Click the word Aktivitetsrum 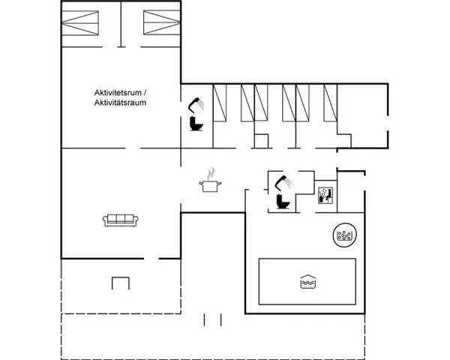[x=118, y=93]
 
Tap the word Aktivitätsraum [x=120, y=103]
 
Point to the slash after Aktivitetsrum [x=145, y=93]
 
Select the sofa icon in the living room [x=121, y=220]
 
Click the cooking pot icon [x=210, y=186]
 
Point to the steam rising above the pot [x=211, y=173]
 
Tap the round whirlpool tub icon [x=345, y=235]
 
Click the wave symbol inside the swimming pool [x=308, y=282]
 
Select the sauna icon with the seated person [x=325, y=196]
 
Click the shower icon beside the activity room [x=196, y=105]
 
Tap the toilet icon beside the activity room [x=196, y=124]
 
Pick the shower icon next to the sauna [x=283, y=183]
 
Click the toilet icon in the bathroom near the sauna [x=283, y=202]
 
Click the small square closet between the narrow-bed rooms [x=262, y=141]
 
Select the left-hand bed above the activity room [x=80, y=23]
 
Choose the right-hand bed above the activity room [x=162, y=22]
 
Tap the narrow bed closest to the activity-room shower [x=220, y=103]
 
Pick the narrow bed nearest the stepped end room [x=330, y=103]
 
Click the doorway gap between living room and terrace [x=151, y=259]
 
